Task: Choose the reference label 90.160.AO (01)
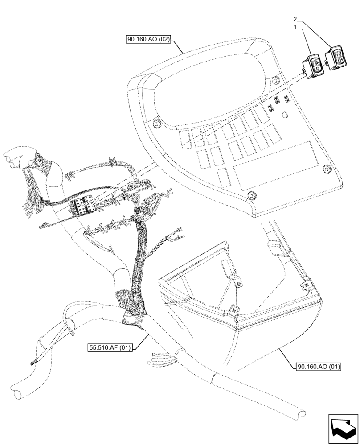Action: pyautogui.click(x=318, y=367)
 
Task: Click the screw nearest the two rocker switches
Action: pyautogui.click(x=276, y=80)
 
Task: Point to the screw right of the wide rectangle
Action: pyautogui.click(x=327, y=168)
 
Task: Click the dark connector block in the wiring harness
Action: pyautogui.click(x=83, y=207)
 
